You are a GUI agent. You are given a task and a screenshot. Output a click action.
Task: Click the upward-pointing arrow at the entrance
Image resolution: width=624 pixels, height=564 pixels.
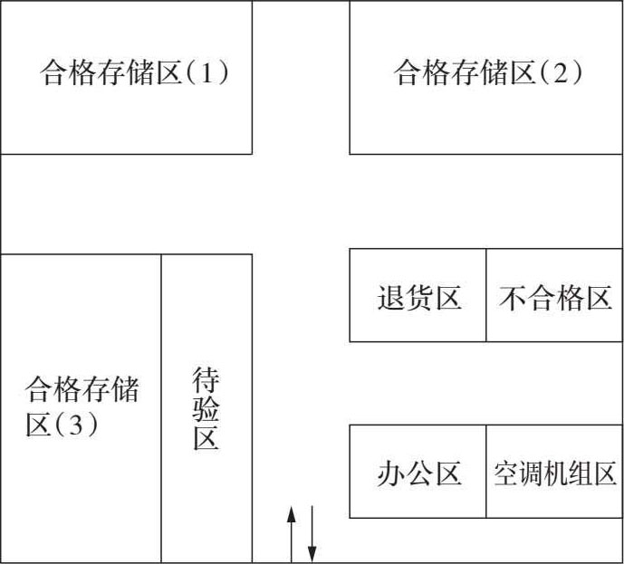coord(292,534)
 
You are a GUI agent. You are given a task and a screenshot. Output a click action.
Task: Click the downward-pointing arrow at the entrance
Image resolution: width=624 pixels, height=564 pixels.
coord(312,534)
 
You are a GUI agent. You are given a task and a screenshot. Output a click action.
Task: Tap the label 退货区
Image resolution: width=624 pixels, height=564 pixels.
coord(419,298)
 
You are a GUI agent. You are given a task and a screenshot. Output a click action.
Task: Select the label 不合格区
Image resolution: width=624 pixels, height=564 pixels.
coord(555,298)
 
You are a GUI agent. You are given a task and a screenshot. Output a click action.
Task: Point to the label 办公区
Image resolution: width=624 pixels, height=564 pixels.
coord(419,473)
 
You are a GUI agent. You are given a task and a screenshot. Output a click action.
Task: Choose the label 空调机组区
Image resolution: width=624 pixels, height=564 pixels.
coord(555,473)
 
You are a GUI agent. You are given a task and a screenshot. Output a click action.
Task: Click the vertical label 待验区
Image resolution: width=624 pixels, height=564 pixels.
coord(206,408)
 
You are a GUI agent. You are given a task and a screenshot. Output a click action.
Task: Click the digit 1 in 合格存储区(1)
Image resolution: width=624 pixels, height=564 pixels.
coord(206,72)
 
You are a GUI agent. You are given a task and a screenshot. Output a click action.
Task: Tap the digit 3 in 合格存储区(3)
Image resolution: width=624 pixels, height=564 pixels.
coord(75,424)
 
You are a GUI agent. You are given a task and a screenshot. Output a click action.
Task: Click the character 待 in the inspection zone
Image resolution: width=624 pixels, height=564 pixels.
coord(206,379)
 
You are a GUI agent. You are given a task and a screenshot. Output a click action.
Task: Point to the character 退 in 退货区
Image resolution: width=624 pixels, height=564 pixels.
coord(391,298)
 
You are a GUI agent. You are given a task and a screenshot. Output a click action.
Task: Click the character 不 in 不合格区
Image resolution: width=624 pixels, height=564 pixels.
coord(513,298)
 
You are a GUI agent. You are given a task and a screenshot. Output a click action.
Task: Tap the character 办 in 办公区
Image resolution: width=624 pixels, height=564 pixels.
coord(391,473)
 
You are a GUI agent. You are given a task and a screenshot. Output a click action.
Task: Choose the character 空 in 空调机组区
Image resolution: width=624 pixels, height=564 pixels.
coord(506,473)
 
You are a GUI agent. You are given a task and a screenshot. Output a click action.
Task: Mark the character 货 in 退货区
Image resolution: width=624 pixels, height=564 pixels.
coord(419,298)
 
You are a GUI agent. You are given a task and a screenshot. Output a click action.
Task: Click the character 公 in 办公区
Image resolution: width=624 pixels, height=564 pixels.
coord(419,473)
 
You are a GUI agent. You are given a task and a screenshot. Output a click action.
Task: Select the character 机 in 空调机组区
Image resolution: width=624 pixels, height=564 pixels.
coord(555,473)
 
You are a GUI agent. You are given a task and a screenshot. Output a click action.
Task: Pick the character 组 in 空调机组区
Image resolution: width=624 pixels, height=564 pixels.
coord(580,473)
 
